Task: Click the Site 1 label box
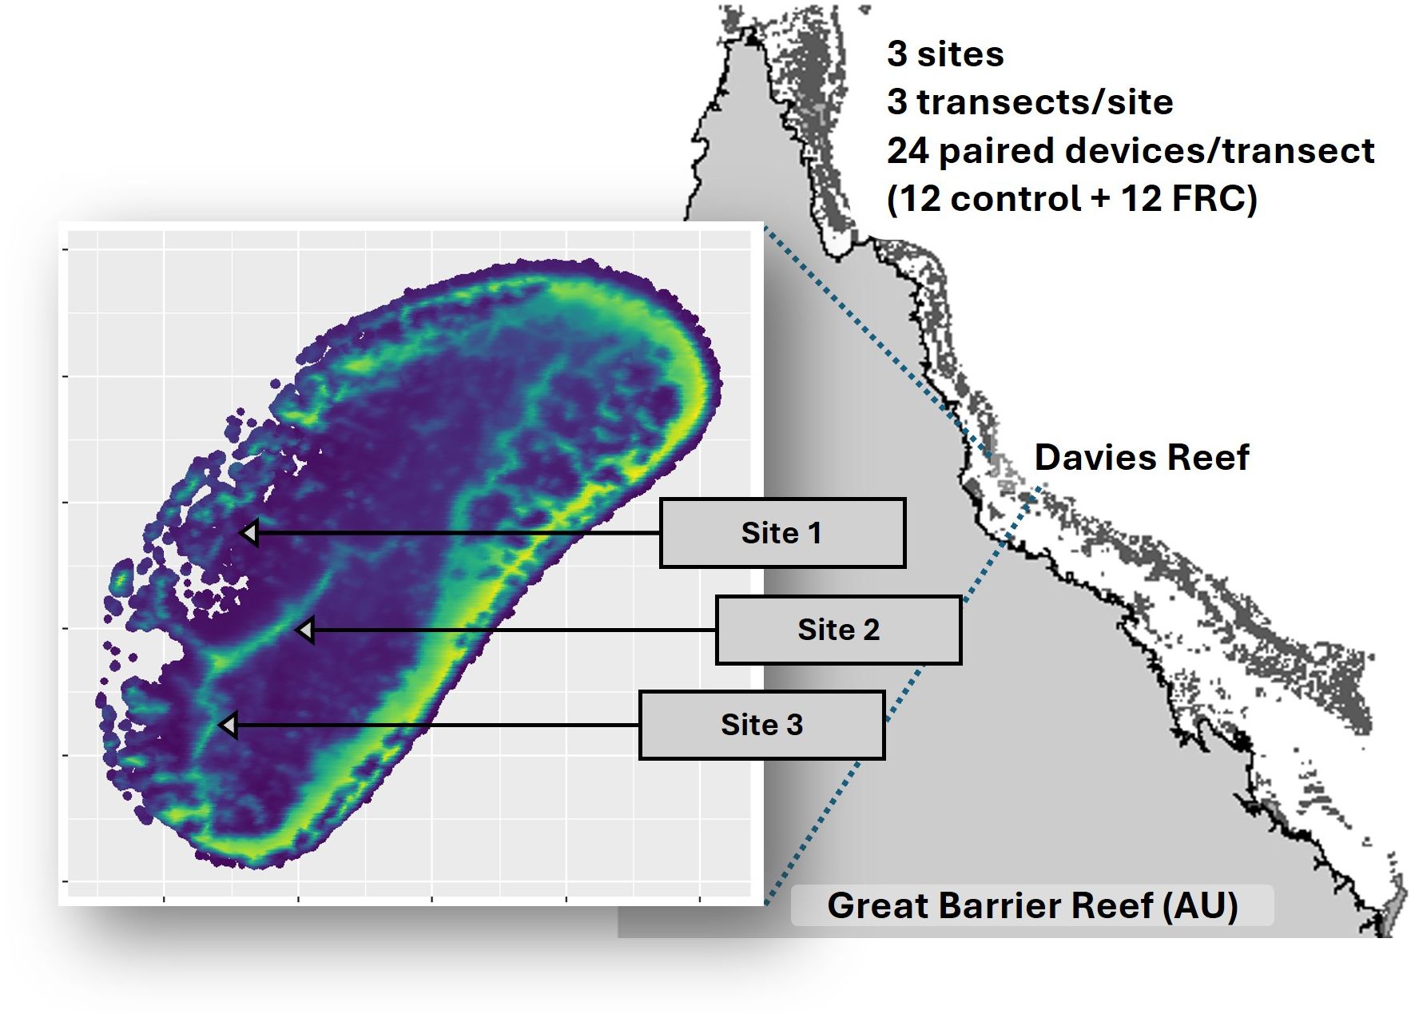(x=782, y=533)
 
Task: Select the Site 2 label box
(x=838, y=630)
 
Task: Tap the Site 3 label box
(x=761, y=725)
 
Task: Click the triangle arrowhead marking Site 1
(x=249, y=533)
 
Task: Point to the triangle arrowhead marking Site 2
(x=305, y=630)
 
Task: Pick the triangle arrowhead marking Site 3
(x=229, y=726)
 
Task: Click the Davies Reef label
(x=1142, y=458)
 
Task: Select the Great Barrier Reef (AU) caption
(x=1032, y=905)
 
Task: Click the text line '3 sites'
(x=945, y=54)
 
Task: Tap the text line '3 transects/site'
(x=1030, y=102)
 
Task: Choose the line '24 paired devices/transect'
(x=1131, y=151)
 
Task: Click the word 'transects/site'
(x=1045, y=102)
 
